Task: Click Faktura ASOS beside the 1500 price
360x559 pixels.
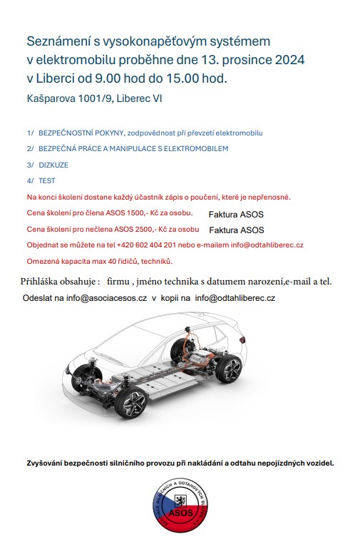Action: click(x=236, y=214)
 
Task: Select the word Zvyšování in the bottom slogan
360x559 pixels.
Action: click(x=48, y=463)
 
